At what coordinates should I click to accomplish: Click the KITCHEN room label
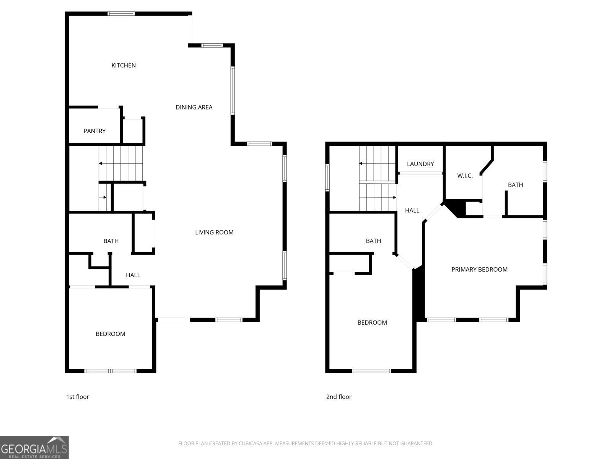(124, 65)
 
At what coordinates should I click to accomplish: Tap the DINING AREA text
(194, 107)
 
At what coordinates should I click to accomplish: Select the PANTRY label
(94, 131)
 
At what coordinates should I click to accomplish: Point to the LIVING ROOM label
(214, 232)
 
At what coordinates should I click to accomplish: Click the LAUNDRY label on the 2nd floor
(420, 164)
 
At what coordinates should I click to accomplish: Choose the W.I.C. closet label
(465, 176)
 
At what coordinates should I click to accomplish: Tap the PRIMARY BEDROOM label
(479, 270)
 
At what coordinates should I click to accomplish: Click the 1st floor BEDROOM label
(111, 334)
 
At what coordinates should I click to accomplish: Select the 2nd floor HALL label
(412, 210)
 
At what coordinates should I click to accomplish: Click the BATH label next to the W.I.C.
(515, 185)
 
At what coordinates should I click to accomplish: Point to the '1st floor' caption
(78, 397)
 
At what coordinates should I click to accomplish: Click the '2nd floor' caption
(339, 397)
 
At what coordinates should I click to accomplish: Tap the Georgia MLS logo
(34, 448)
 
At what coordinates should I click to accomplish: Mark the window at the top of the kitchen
(121, 14)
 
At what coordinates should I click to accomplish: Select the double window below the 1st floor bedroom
(110, 371)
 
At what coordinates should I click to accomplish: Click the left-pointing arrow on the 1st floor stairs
(101, 163)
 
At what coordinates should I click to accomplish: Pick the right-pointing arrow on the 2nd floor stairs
(394, 197)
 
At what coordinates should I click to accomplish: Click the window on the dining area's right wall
(233, 91)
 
